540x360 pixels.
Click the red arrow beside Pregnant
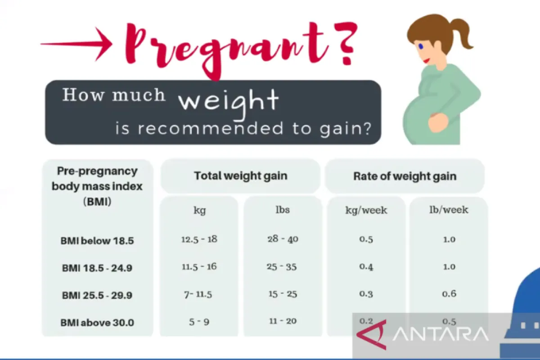[76, 44]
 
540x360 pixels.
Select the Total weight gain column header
[240, 176]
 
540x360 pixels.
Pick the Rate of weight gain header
[405, 176]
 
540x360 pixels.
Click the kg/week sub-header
[366, 210]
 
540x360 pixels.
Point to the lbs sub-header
[283, 210]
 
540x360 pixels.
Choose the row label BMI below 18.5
[97, 241]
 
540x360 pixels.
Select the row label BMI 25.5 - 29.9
[97, 296]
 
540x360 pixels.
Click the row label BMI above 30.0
[97, 323]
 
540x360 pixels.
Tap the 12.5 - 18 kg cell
[199, 239]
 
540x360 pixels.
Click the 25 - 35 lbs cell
[282, 267]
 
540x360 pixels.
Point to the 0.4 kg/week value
[366, 267]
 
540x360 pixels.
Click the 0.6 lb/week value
[449, 294]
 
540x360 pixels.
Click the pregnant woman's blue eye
[421, 46]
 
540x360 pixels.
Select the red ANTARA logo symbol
[372, 334]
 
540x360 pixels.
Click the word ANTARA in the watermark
[441, 334]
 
